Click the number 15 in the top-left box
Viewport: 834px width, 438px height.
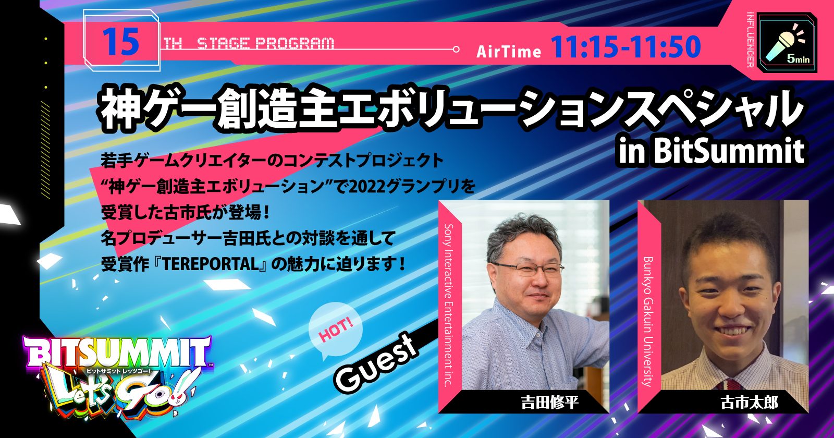pyautogui.click(x=121, y=42)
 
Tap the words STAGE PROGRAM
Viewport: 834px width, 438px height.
pyautogui.click(x=265, y=44)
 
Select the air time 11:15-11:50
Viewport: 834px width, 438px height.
pyautogui.click(x=625, y=47)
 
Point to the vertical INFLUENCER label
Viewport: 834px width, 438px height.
pyautogui.click(x=750, y=40)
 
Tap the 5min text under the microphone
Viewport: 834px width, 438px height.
pyautogui.click(x=798, y=59)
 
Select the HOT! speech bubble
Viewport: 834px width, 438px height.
pyautogui.click(x=335, y=331)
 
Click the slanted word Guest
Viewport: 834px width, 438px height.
pyautogui.click(x=375, y=362)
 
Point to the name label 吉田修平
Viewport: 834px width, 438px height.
pyautogui.click(x=549, y=402)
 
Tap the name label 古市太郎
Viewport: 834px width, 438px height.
pyautogui.click(x=750, y=402)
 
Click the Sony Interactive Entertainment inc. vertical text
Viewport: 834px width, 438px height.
pyautogui.click(x=449, y=305)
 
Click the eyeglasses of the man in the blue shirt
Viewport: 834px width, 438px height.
pyautogui.click(x=529, y=269)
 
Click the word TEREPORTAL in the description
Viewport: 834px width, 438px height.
pyautogui.click(x=211, y=264)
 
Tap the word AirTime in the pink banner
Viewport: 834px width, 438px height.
pyautogui.click(x=509, y=52)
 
